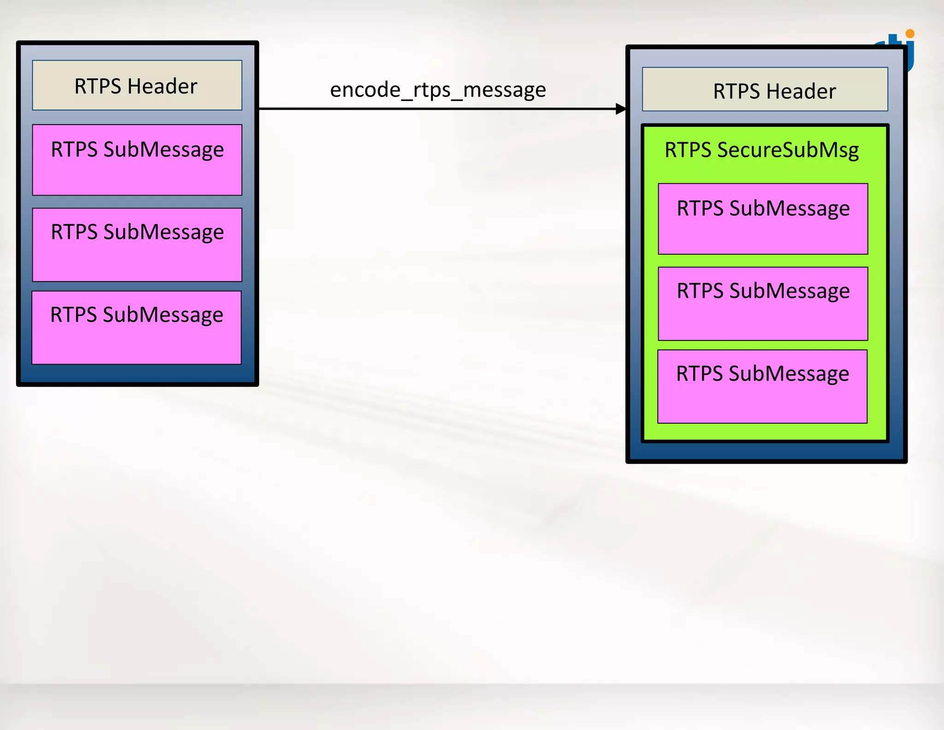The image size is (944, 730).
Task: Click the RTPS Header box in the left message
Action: [x=137, y=85]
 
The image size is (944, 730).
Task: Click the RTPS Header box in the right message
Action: [x=765, y=90]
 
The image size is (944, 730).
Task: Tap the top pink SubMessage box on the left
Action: [x=137, y=160]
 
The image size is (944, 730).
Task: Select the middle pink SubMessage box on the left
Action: [x=137, y=245]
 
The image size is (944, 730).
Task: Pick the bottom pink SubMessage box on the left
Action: [x=136, y=328]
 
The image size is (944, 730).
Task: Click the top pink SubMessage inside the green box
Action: [x=763, y=219]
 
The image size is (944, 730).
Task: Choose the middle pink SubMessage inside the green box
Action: [x=763, y=304]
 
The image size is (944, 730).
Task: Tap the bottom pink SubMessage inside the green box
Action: [x=762, y=387]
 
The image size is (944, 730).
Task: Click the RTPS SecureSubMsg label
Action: [x=761, y=150]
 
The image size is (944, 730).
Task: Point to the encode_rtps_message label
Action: [x=438, y=90]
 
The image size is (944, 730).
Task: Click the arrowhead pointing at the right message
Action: [x=621, y=109]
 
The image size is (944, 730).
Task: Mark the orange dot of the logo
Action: [x=909, y=34]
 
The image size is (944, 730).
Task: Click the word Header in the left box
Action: [x=162, y=86]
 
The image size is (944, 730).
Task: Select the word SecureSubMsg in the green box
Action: [x=788, y=150]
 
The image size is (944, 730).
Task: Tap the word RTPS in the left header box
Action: [x=98, y=86]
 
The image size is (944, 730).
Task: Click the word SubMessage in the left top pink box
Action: [x=164, y=150]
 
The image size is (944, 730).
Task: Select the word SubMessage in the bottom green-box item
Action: [x=789, y=374]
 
